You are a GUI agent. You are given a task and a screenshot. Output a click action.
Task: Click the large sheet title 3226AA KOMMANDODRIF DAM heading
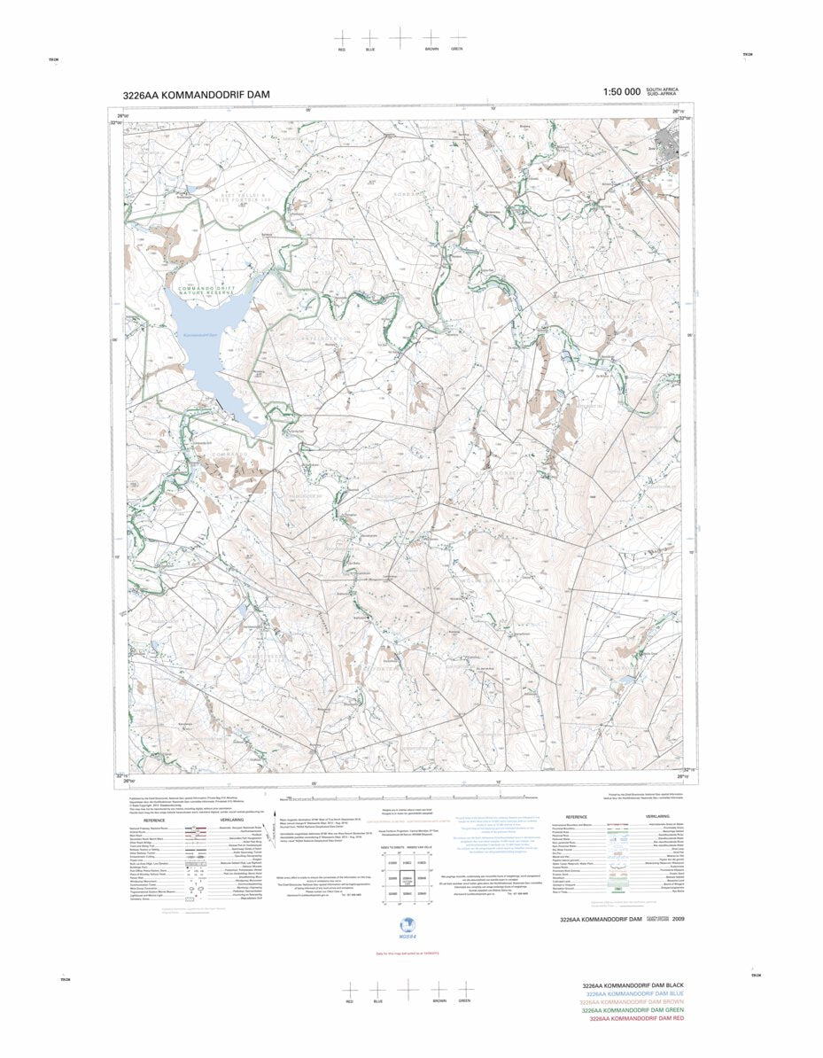pos(198,95)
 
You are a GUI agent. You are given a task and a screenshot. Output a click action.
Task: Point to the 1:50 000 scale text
pos(621,92)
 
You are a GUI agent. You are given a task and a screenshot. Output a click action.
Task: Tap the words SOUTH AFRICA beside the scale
pos(662,89)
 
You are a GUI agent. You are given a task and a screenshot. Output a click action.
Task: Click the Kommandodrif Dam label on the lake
pos(199,335)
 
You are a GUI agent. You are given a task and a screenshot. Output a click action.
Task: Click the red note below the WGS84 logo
pos(408,953)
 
